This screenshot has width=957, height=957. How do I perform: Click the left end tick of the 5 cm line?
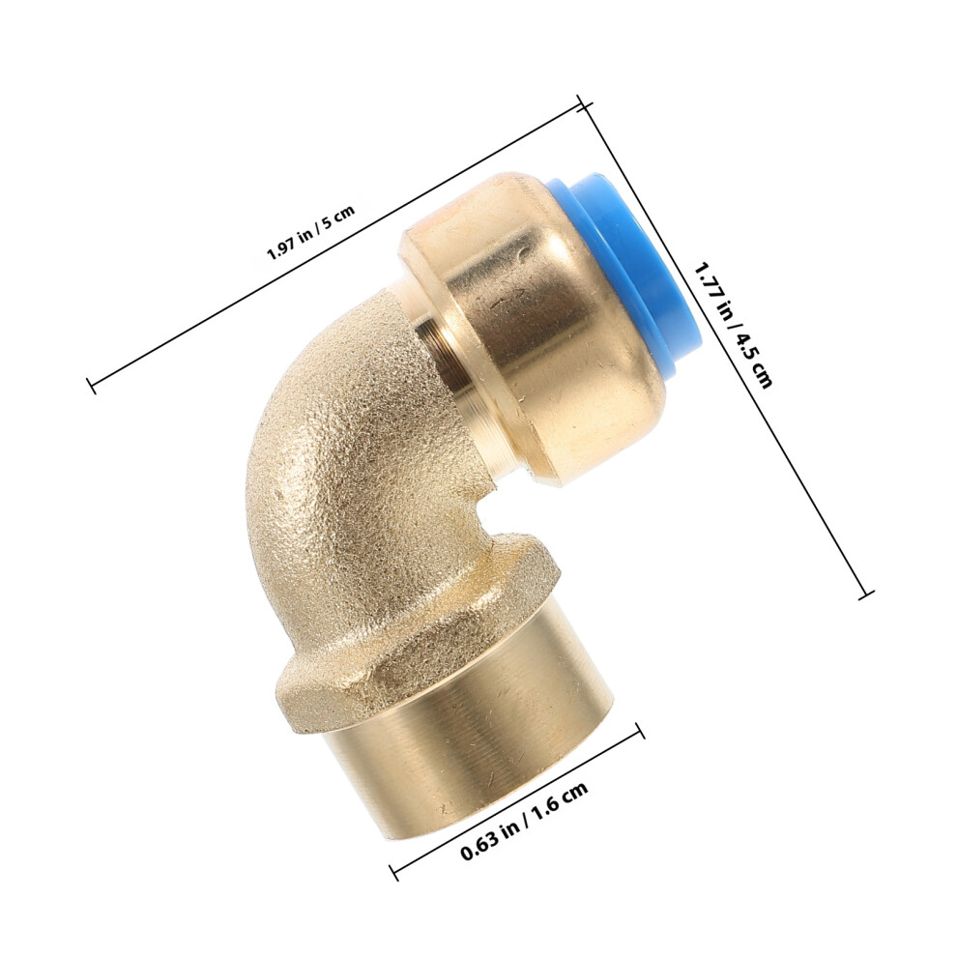[x=92, y=386]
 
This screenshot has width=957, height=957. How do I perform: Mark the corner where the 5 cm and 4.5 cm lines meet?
[x=585, y=105]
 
